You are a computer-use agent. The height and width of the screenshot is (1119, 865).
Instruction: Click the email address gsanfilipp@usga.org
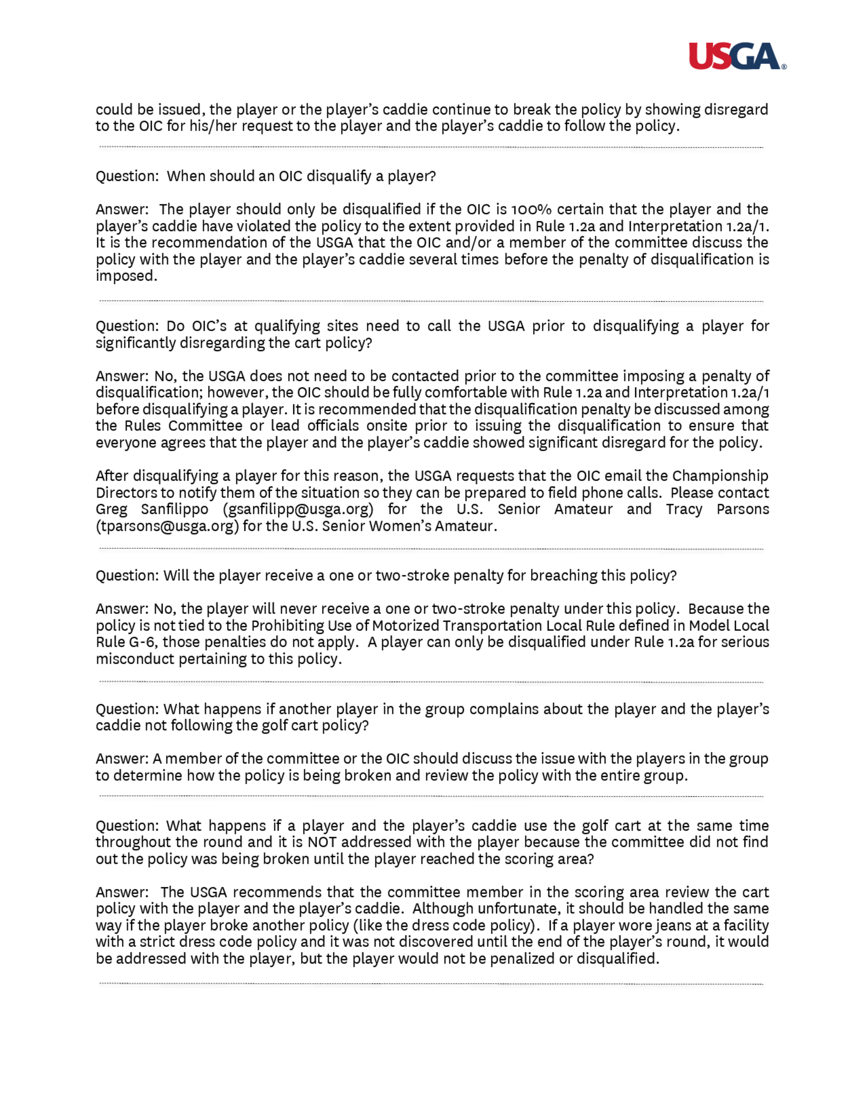(x=298, y=509)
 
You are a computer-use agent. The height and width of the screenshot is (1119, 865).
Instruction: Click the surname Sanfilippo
(x=175, y=509)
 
